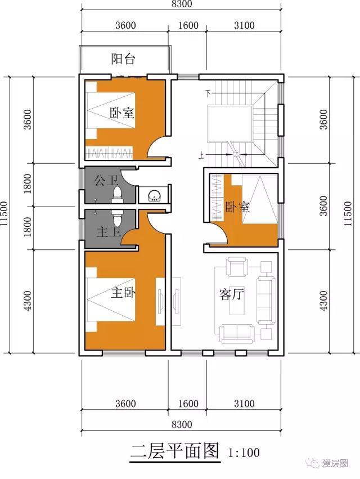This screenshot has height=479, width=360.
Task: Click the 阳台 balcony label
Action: (x=122, y=59)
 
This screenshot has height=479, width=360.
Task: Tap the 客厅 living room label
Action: (x=230, y=294)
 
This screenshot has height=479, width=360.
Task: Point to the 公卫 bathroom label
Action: (x=105, y=181)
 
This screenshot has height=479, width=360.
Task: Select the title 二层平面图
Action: (x=174, y=451)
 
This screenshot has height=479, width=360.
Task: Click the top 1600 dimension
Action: (x=188, y=25)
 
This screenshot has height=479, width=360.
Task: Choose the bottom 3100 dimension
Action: (x=243, y=404)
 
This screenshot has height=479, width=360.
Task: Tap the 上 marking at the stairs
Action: (x=201, y=153)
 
